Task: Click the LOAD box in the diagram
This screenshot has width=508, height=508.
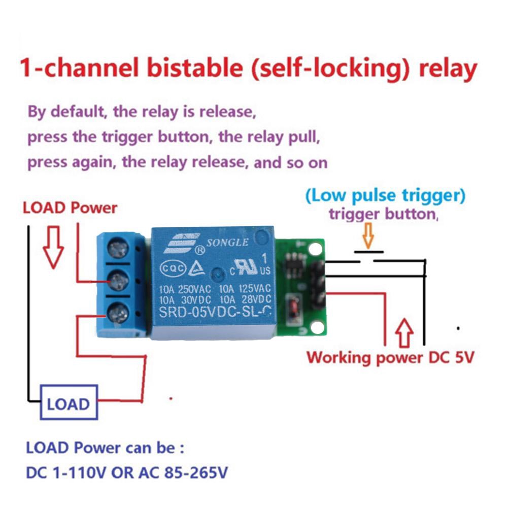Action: (69, 404)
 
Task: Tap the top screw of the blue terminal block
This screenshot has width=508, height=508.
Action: (118, 249)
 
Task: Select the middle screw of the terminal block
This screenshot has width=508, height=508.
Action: (118, 279)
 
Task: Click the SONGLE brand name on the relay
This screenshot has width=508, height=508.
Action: (227, 242)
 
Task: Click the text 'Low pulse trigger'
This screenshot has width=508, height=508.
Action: (386, 195)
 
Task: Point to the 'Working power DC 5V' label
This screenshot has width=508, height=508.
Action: (390, 357)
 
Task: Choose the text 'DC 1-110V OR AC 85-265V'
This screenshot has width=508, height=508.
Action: (127, 473)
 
